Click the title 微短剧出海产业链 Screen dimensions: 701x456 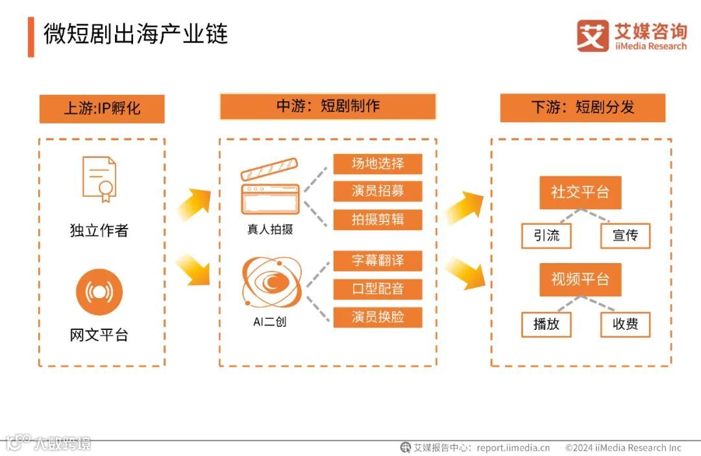pyautogui.click(x=136, y=34)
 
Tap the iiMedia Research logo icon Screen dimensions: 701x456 pyautogui.click(x=593, y=36)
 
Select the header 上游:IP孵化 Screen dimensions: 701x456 pyautogui.click(x=102, y=108)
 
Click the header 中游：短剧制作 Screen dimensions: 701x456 pyautogui.click(x=328, y=107)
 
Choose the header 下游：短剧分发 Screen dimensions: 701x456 pyautogui.click(x=582, y=108)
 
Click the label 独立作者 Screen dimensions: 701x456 pyautogui.click(x=99, y=231)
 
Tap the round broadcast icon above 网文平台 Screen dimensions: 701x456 pyautogui.click(x=99, y=292)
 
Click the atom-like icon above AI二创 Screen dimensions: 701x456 pyautogui.click(x=271, y=283)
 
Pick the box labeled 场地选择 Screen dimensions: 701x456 pyautogui.click(x=378, y=164)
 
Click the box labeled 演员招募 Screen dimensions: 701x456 pyautogui.click(x=378, y=191)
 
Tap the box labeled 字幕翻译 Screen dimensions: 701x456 pyautogui.click(x=378, y=260)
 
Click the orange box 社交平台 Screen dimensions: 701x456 pyautogui.click(x=580, y=192)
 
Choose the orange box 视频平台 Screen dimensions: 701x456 pyautogui.click(x=580, y=279)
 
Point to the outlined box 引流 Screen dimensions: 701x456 pyautogui.click(x=547, y=236)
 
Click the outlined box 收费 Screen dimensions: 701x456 pyautogui.click(x=625, y=324)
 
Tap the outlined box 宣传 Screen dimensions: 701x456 pyautogui.click(x=625, y=236)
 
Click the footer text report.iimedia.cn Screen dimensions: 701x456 pyautogui.click(x=513, y=448)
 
